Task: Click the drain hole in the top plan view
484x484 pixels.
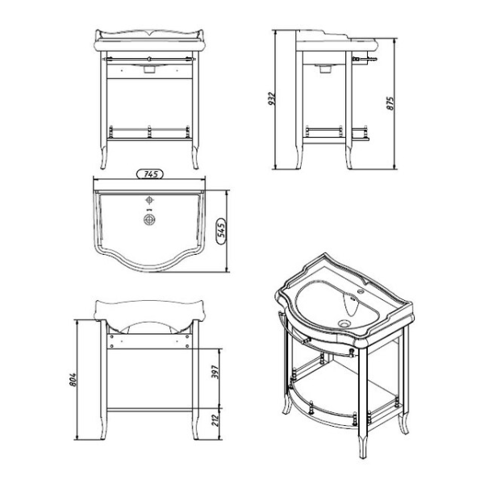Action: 149,219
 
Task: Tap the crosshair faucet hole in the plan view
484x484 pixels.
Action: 149,199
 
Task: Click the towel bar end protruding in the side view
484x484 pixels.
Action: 372,60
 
